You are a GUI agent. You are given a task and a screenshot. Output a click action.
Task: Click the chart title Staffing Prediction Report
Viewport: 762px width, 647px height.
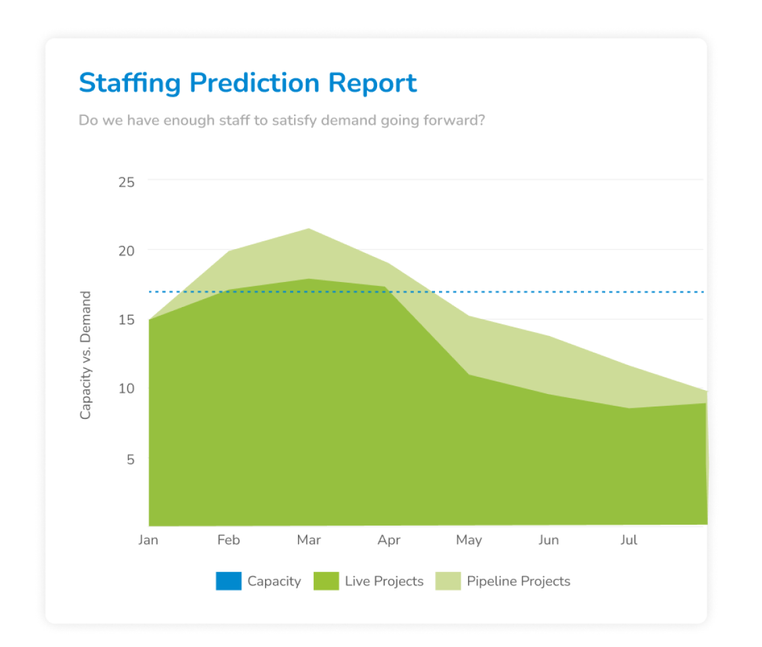point(247,84)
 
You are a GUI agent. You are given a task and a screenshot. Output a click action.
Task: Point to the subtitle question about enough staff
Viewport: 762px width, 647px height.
point(281,121)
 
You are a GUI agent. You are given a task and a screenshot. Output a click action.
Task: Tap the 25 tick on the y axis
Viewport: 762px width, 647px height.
point(126,181)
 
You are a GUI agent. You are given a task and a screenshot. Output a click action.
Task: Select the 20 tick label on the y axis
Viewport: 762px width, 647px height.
point(126,251)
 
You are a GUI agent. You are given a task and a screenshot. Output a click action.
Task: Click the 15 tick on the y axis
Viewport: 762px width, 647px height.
point(126,320)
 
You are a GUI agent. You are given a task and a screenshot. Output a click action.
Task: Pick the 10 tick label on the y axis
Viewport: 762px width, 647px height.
point(126,389)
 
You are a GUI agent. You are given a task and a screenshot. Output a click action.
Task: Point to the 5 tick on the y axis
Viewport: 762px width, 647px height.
point(130,459)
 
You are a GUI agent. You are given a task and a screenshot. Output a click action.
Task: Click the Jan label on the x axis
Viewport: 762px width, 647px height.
point(148,540)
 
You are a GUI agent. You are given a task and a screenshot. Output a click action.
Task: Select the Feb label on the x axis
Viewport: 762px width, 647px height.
point(229,540)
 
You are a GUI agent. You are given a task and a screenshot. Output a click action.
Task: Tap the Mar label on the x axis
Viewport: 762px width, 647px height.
point(308,540)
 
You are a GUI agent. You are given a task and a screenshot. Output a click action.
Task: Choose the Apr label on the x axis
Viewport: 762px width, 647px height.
point(389,540)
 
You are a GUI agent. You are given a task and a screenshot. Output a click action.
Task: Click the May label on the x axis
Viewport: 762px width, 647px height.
point(469,540)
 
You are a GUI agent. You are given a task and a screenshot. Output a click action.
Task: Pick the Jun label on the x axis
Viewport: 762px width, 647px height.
point(548,540)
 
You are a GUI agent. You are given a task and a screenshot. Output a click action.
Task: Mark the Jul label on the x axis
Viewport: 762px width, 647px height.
point(629,540)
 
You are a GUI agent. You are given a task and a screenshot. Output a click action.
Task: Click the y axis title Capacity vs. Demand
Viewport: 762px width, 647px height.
point(86,355)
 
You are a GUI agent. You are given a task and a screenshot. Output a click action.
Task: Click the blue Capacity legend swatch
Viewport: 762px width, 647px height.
point(229,581)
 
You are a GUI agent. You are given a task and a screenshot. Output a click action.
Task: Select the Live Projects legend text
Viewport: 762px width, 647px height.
point(384,581)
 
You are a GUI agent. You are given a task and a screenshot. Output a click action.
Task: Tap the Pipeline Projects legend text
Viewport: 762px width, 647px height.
point(518,581)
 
